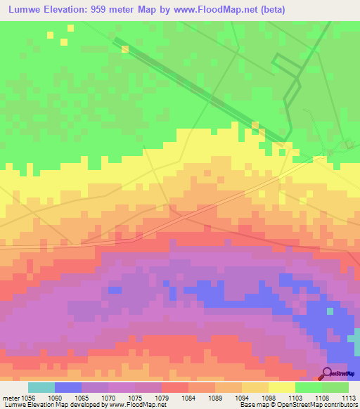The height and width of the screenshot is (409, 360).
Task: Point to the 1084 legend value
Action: coord(189,398)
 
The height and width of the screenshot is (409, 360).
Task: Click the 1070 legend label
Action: coord(108,398)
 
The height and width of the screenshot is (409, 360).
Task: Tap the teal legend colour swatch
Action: coord(41,387)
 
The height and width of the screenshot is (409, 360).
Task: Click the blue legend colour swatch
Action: coord(68,387)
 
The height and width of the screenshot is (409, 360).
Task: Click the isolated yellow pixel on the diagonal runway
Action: coord(124,49)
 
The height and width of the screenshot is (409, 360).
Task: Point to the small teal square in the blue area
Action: coord(330,311)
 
